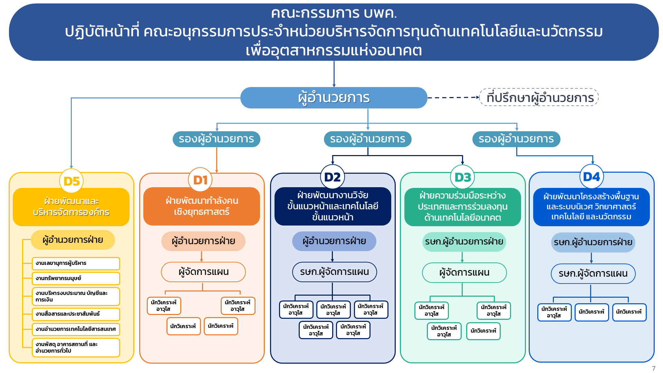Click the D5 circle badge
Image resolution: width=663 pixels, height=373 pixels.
71,181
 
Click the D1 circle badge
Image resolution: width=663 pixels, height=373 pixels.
200,180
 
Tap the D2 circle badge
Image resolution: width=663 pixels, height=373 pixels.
333,177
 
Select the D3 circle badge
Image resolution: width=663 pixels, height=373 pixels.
462,177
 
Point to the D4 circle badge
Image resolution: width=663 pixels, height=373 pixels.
591,177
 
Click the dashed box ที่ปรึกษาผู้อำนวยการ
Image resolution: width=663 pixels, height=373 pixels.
539,97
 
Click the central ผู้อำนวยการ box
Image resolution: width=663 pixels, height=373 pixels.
334,98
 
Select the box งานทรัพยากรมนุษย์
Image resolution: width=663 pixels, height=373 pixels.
76,278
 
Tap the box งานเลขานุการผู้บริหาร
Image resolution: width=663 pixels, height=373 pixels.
76,263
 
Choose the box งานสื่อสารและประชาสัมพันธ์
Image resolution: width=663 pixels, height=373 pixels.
76,314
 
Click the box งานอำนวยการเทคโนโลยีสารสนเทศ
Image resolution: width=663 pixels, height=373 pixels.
76,329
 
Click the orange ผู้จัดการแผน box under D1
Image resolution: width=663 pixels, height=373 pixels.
203,272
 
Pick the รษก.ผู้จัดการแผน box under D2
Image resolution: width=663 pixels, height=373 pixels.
334,272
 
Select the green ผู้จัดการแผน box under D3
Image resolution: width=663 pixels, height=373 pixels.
464,273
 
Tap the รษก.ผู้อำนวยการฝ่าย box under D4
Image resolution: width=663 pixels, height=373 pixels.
593,242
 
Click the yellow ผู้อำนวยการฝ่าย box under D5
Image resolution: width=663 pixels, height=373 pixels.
73,240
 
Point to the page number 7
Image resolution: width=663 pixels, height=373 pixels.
653,368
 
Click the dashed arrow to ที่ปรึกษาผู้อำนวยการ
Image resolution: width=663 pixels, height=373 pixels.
453,98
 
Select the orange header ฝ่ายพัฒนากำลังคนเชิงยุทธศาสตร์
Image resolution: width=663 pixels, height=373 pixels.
202,206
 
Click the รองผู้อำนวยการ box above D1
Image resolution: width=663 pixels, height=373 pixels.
216,139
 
